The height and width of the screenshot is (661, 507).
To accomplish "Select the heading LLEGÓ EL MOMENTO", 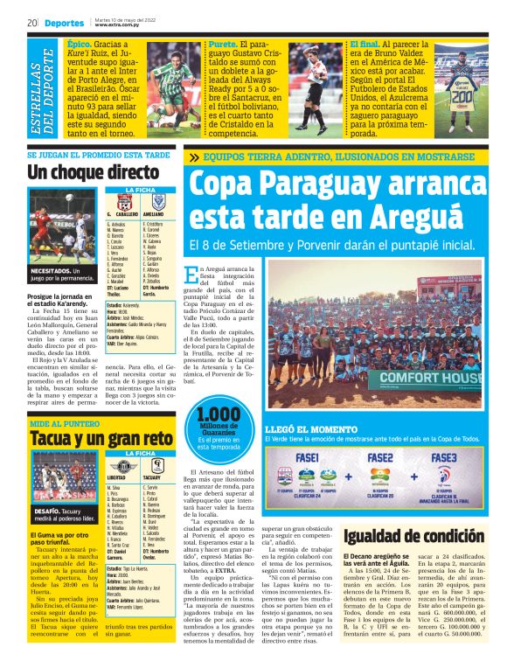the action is point(303,430).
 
